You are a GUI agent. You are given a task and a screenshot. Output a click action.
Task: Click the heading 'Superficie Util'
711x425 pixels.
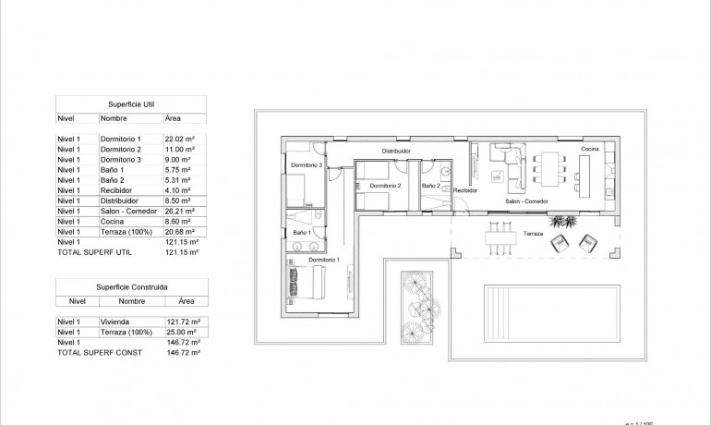130,103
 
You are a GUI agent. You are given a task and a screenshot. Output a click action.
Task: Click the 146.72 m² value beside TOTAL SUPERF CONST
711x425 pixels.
182,352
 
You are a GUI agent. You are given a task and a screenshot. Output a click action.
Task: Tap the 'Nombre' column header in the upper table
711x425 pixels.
114,118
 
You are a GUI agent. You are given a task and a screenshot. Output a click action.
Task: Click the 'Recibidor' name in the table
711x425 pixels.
117,189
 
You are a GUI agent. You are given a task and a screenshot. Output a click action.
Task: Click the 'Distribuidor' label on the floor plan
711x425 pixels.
396,150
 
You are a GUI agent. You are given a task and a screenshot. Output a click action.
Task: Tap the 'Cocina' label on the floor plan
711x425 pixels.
591,149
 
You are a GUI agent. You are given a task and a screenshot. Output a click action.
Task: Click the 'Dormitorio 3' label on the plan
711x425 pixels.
306,165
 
